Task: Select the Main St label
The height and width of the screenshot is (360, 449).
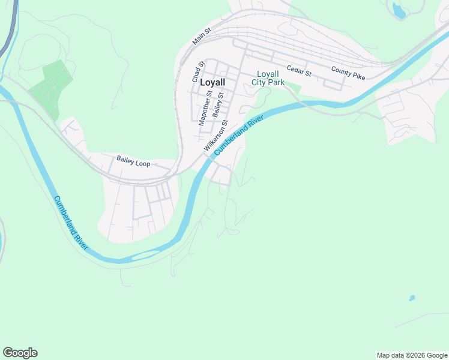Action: click(x=202, y=37)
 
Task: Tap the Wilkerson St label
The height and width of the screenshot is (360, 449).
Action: click(x=215, y=136)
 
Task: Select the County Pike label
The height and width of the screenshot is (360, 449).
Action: click(x=348, y=73)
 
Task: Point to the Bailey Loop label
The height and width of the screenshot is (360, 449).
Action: click(x=133, y=161)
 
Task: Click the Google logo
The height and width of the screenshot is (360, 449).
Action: click(x=20, y=353)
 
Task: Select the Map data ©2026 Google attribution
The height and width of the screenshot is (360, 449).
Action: click(x=412, y=355)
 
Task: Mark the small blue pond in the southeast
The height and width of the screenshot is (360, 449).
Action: click(x=412, y=298)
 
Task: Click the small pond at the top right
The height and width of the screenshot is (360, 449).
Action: click(x=398, y=10)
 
